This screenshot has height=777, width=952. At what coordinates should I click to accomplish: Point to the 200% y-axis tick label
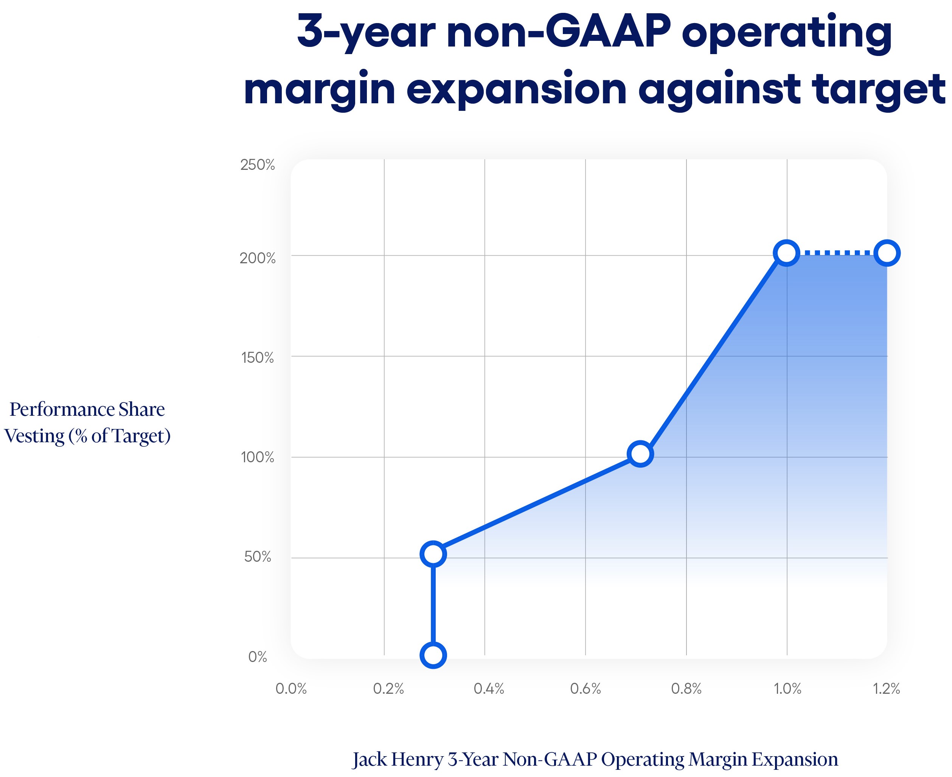pos(257,258)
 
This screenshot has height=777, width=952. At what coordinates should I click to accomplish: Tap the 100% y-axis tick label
pos(257,457)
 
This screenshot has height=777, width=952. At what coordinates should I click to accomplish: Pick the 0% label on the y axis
pos(257,657)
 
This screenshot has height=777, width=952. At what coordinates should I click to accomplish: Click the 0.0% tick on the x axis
pos(291,688)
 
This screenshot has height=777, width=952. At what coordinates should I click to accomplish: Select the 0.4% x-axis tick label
pos(489,688)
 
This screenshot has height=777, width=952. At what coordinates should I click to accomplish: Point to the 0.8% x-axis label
pos(686,688)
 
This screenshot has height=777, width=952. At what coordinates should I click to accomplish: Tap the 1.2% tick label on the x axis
pos(886,688)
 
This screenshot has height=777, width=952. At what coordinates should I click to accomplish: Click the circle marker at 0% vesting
pos(433,655)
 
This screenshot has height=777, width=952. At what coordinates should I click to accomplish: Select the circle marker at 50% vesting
pos(433,554)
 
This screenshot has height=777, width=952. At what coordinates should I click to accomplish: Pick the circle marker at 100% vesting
pos(640,454)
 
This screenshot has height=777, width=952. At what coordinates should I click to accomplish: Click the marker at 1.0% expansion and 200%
pos(786,253)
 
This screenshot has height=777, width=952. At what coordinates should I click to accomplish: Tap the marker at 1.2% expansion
pos(887,253)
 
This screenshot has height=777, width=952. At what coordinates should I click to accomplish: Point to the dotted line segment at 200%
pos(837,253)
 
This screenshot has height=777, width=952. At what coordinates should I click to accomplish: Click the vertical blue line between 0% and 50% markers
pos(433,604)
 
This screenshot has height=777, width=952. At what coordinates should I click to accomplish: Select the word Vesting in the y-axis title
pos(34,435)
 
